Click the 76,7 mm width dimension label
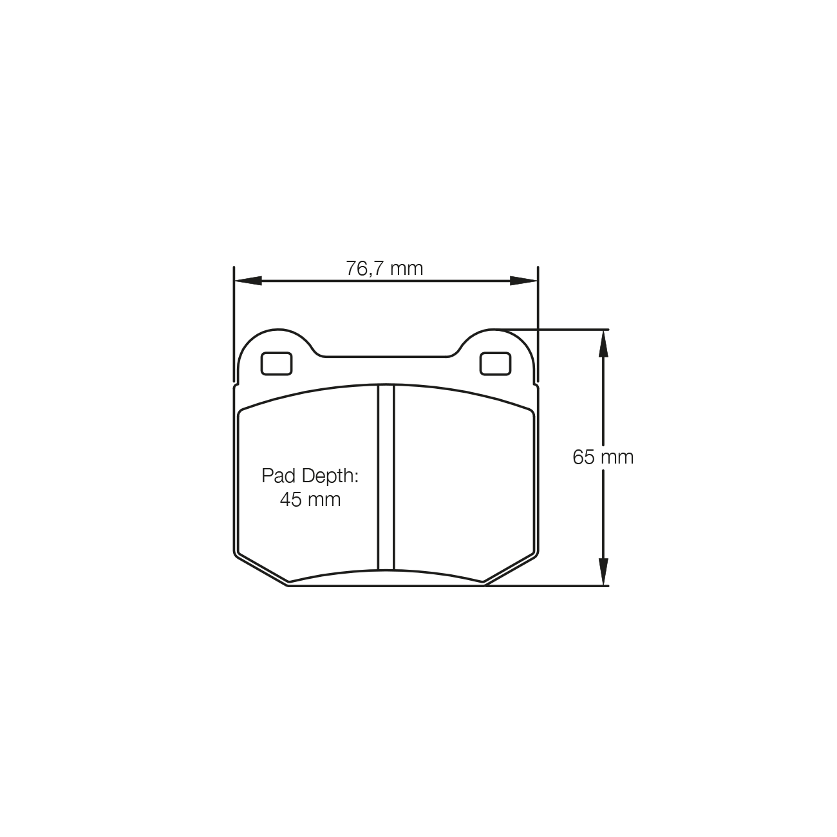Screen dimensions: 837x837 384,268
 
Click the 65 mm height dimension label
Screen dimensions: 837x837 603,457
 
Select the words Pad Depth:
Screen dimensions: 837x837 310,476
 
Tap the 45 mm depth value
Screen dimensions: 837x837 310,499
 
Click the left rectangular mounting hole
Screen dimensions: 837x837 276,364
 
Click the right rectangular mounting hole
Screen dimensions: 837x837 495,364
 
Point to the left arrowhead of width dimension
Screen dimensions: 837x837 248,281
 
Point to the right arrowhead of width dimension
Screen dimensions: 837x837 523,281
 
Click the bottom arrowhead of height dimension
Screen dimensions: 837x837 603,572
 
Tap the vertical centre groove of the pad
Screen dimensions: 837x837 386,476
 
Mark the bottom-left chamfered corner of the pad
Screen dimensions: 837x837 261,569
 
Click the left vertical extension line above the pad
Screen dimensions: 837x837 234,322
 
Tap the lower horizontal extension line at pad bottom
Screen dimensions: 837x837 547,586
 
